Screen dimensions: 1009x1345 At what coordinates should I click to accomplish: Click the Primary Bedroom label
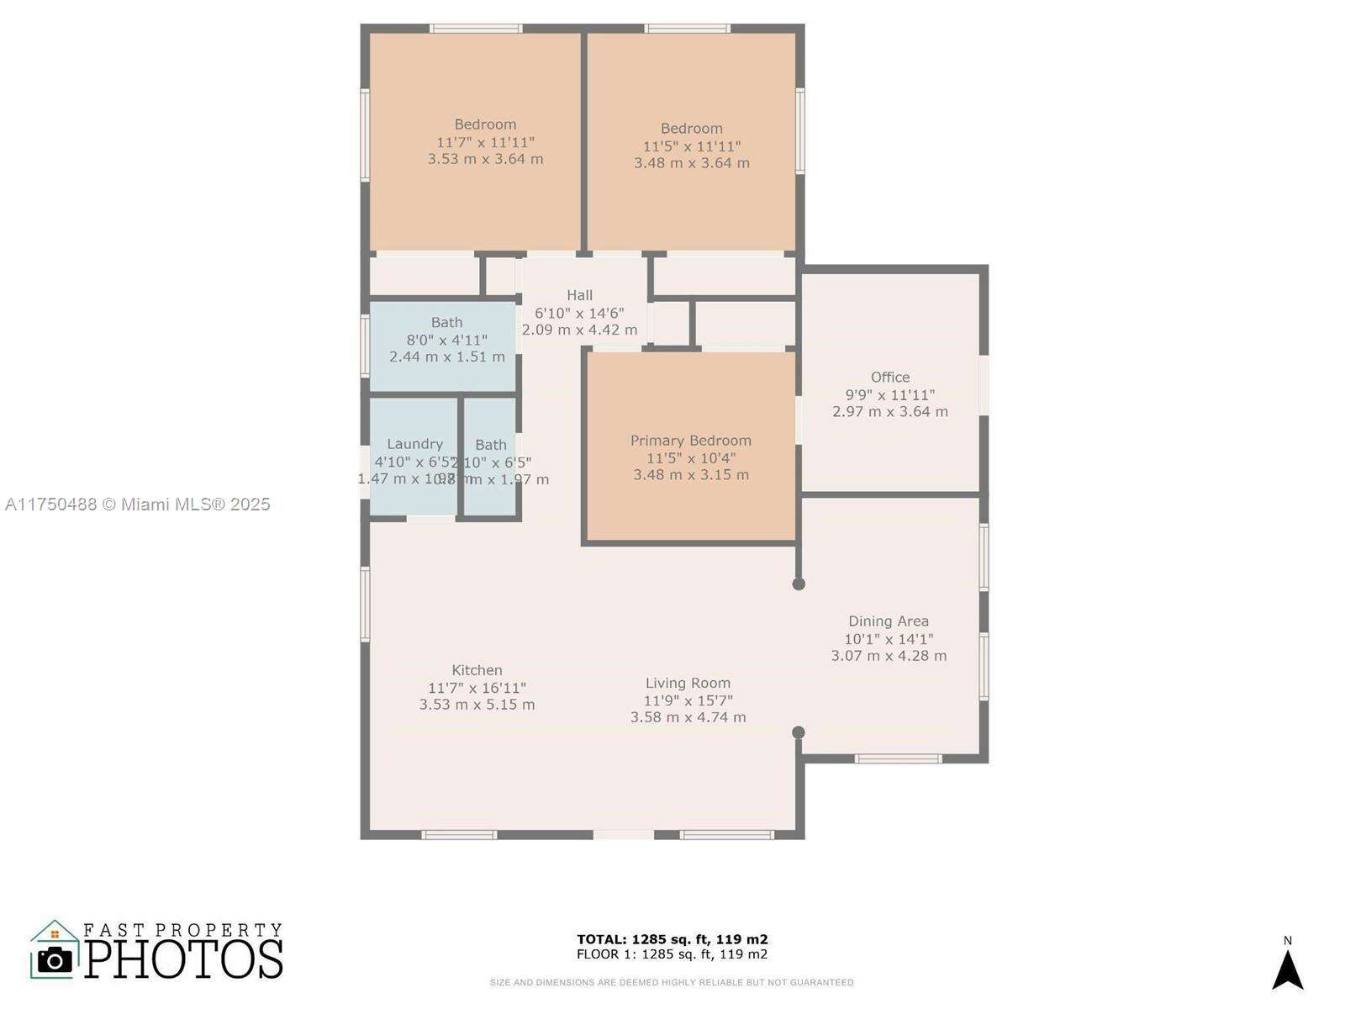[691, 441]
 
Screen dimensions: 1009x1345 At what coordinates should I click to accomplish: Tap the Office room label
[890, 378]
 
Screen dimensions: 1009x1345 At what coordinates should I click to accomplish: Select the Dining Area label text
[889, 621]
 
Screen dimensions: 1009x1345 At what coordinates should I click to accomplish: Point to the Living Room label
[688, 684]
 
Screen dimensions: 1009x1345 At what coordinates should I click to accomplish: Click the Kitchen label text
[477, 670]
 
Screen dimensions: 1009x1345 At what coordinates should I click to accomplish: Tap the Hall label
[579, 295]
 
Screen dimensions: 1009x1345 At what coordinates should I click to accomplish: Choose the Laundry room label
[414, 444]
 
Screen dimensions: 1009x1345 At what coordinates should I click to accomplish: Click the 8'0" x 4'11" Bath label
[446, 323]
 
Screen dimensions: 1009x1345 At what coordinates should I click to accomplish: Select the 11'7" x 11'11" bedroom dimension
[485, 142]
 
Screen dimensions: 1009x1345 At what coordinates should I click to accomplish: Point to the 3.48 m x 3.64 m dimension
[692, 163]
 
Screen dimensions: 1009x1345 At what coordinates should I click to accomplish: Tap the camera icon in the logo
[55, 960]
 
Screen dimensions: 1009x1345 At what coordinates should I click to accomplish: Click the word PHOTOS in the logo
[183, 959]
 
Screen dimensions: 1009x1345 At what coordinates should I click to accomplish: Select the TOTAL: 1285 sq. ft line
[672, 939]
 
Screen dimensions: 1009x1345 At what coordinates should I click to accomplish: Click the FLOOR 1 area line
[672, 954]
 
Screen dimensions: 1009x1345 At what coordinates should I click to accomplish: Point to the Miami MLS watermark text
[137, 504]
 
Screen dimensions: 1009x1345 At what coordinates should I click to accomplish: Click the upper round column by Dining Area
[799, 584]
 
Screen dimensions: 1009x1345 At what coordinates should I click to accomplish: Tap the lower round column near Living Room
[799, 732]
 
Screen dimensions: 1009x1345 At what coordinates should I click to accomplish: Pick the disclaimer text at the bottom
[672, 982]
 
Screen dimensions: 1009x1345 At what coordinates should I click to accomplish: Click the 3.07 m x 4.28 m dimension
[889, 656]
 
